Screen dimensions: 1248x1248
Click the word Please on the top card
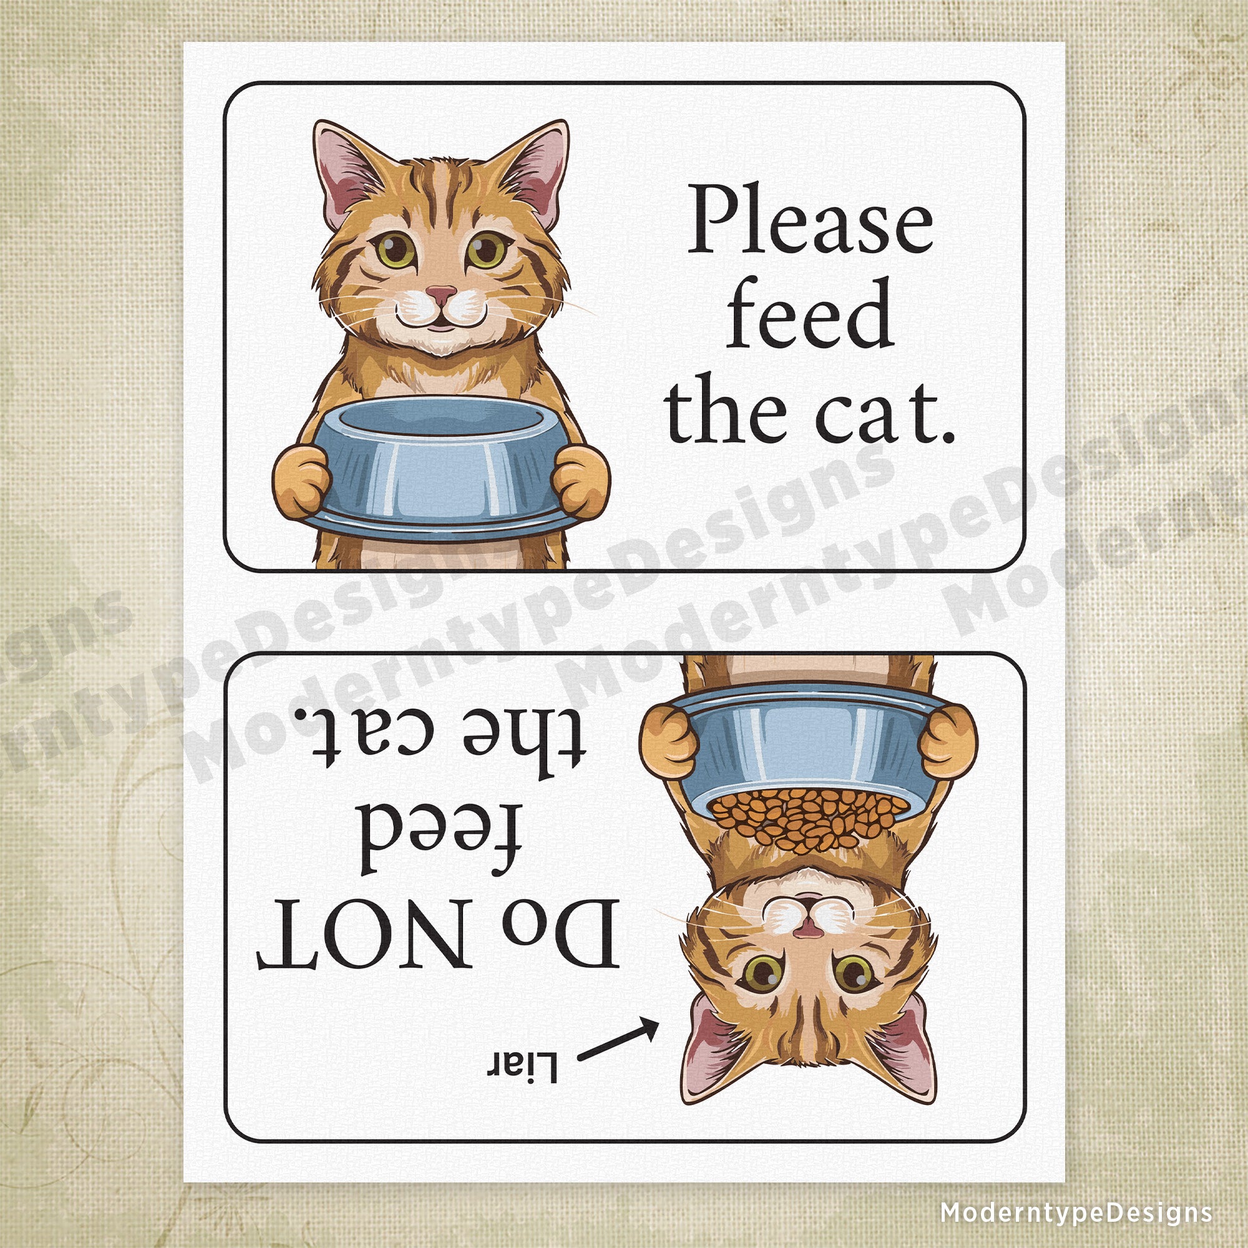pyautogui.click(x=810, y=220)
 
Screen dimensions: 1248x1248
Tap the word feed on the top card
pyautogui.click(x=810, y=314)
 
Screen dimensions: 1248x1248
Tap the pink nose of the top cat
pyautogui.click(x=442, y=295)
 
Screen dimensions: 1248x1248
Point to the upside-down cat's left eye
pyautogui.click(x=763, y=970)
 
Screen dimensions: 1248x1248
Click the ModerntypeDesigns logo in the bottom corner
pyautogui.click(x=1076, y=1212)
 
